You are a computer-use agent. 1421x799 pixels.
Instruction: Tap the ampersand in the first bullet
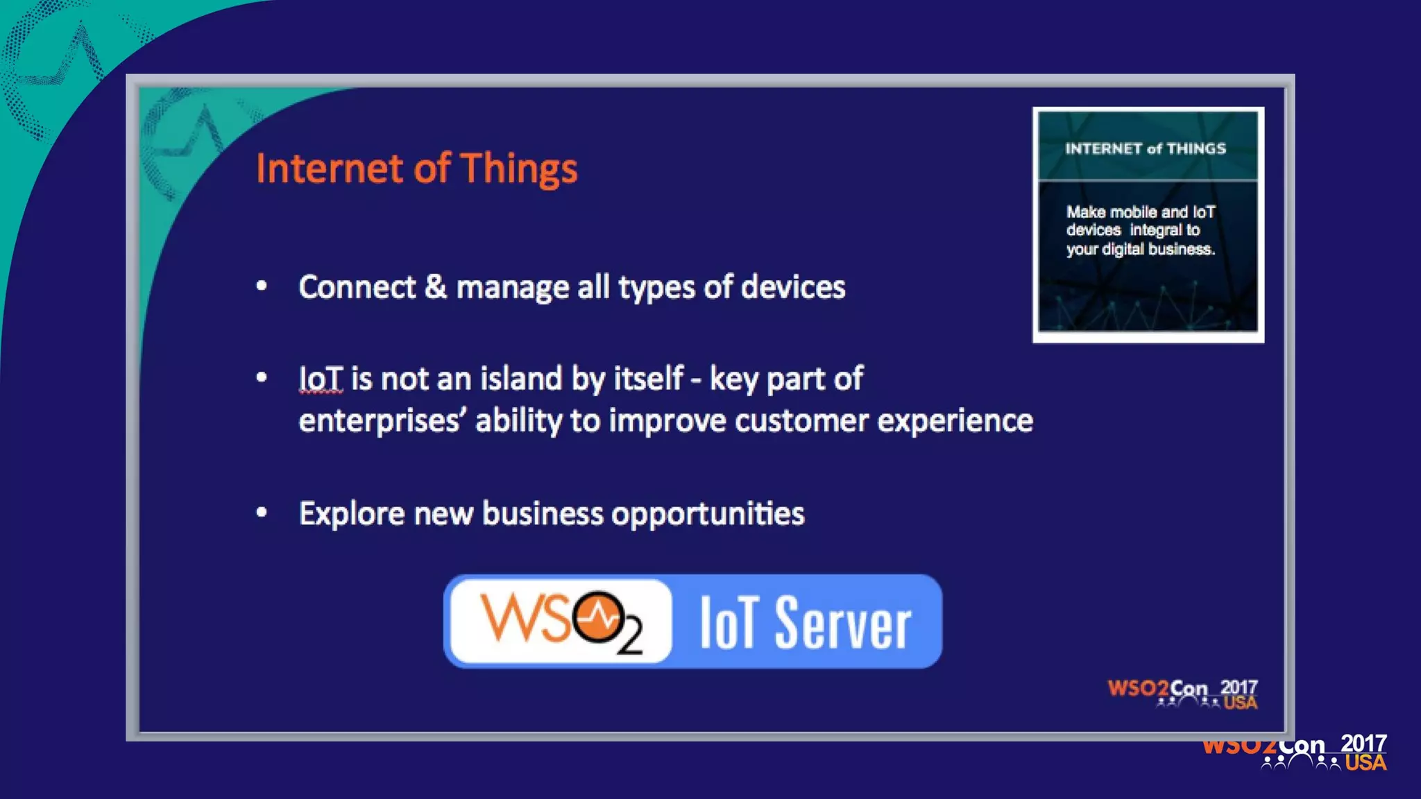pyautogui.click(x=436, y=287)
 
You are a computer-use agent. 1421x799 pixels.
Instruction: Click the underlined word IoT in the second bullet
pyautogui.click(x=321, y=379)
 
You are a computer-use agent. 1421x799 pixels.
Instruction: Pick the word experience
pyautogui.click(x=955, y=421)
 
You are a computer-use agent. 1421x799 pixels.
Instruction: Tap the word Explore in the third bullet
pyautogui.click(x=352, y=514)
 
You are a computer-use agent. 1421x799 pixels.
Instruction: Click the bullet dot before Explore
pyautogui.click(x=262, y=513)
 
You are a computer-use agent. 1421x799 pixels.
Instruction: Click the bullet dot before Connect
pyautogui.click(x=262, y=286)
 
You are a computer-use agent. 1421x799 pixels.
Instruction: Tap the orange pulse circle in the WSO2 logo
pyautogui.click(x=599, y=617)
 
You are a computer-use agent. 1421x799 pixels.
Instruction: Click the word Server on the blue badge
pyautogui.click(x=843, y=624)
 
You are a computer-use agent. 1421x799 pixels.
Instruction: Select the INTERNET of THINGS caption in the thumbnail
pyautogui.click(x=1146, y=148)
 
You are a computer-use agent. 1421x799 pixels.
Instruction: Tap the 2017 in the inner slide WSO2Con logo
pyautogui.click(x=1239, y=687)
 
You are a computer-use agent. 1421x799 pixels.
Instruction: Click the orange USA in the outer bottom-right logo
pyautogui.click(x=1365, y=763)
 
